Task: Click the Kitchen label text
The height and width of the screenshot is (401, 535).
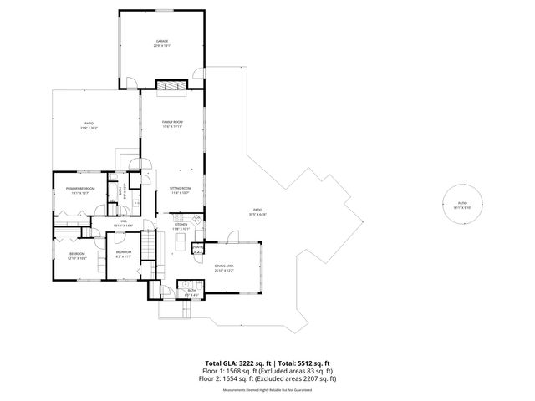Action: click(181, 226)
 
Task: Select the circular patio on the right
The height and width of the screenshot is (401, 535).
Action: click(463, 205)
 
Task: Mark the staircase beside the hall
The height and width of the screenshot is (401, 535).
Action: click(148, 246)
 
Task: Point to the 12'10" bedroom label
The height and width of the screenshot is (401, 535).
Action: click(76, 255)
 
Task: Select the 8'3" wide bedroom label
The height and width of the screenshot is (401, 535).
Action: click(123, 253)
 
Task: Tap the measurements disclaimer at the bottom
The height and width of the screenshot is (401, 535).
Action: click(267, 389)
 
